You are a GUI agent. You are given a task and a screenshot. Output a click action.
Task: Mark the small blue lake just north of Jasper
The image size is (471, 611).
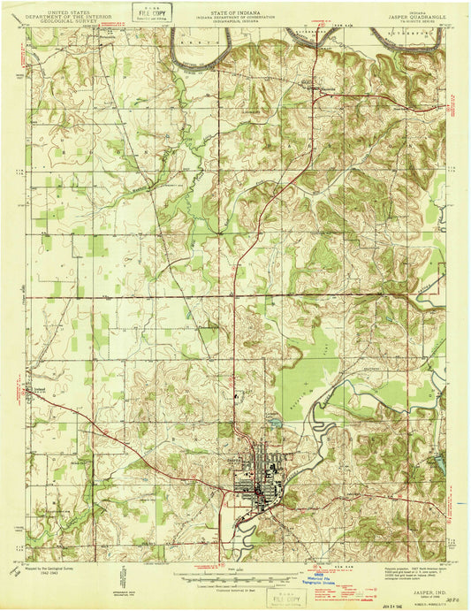(x=276, y=423)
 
